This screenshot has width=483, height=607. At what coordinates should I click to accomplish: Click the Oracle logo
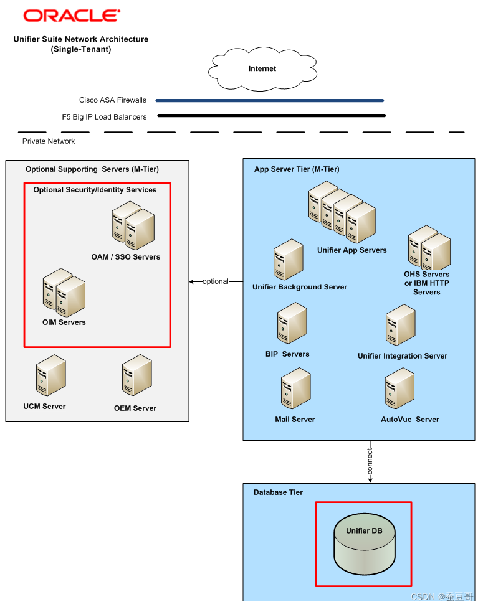[72, 16]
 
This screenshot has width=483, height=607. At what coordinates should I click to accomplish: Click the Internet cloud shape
[262, 69]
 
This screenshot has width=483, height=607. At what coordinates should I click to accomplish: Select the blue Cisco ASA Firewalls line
[269, 100]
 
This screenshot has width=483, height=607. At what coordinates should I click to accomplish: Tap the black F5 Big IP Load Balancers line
[271, 115]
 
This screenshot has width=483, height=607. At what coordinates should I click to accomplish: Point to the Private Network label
[49, 141]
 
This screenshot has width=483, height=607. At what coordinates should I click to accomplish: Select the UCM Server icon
[50, 375]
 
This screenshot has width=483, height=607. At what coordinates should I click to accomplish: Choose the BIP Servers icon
[292, 323]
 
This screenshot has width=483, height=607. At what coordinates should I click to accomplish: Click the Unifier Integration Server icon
[400, 326]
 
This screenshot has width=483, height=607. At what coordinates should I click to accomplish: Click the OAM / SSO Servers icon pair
[133, 225]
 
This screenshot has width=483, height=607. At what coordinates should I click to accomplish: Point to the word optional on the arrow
[216, 282]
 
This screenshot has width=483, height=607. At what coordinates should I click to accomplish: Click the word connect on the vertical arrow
[370, 461]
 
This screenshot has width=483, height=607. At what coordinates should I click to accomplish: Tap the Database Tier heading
[278, 492]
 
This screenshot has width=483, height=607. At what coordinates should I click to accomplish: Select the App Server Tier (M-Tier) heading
[297, 169]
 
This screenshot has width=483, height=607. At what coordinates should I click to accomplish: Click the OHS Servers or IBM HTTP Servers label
[426, 283]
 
